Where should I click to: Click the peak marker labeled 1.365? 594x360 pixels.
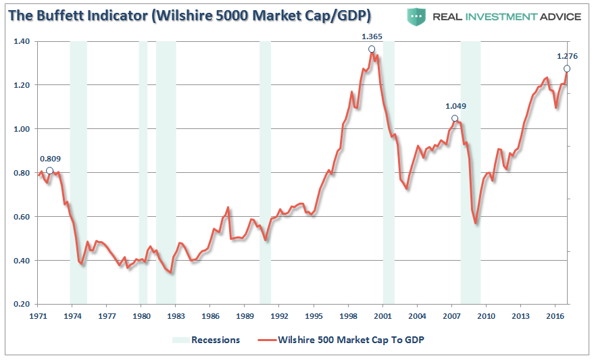click(371, 49)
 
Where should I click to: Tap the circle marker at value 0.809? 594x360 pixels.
click(49, 170)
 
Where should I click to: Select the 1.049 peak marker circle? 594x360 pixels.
click(455, 118)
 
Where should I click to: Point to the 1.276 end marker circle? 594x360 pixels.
click(567, 68)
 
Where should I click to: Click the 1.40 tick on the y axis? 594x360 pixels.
click(21, 41)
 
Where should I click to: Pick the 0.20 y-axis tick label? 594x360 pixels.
click(21, 304)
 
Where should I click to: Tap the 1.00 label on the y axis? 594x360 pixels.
click(21, 129)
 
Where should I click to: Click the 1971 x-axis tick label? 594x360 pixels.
click(39, 315)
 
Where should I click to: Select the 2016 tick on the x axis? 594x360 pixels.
click(555, 315)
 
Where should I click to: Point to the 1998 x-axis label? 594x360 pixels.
click(349, 315)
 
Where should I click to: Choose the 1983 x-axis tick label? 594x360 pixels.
click(176, 315)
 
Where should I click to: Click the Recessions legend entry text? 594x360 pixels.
click(215, 340)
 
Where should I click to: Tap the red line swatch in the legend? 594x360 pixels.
click(266, 340)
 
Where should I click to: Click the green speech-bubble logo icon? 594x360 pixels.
click(418, 16)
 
